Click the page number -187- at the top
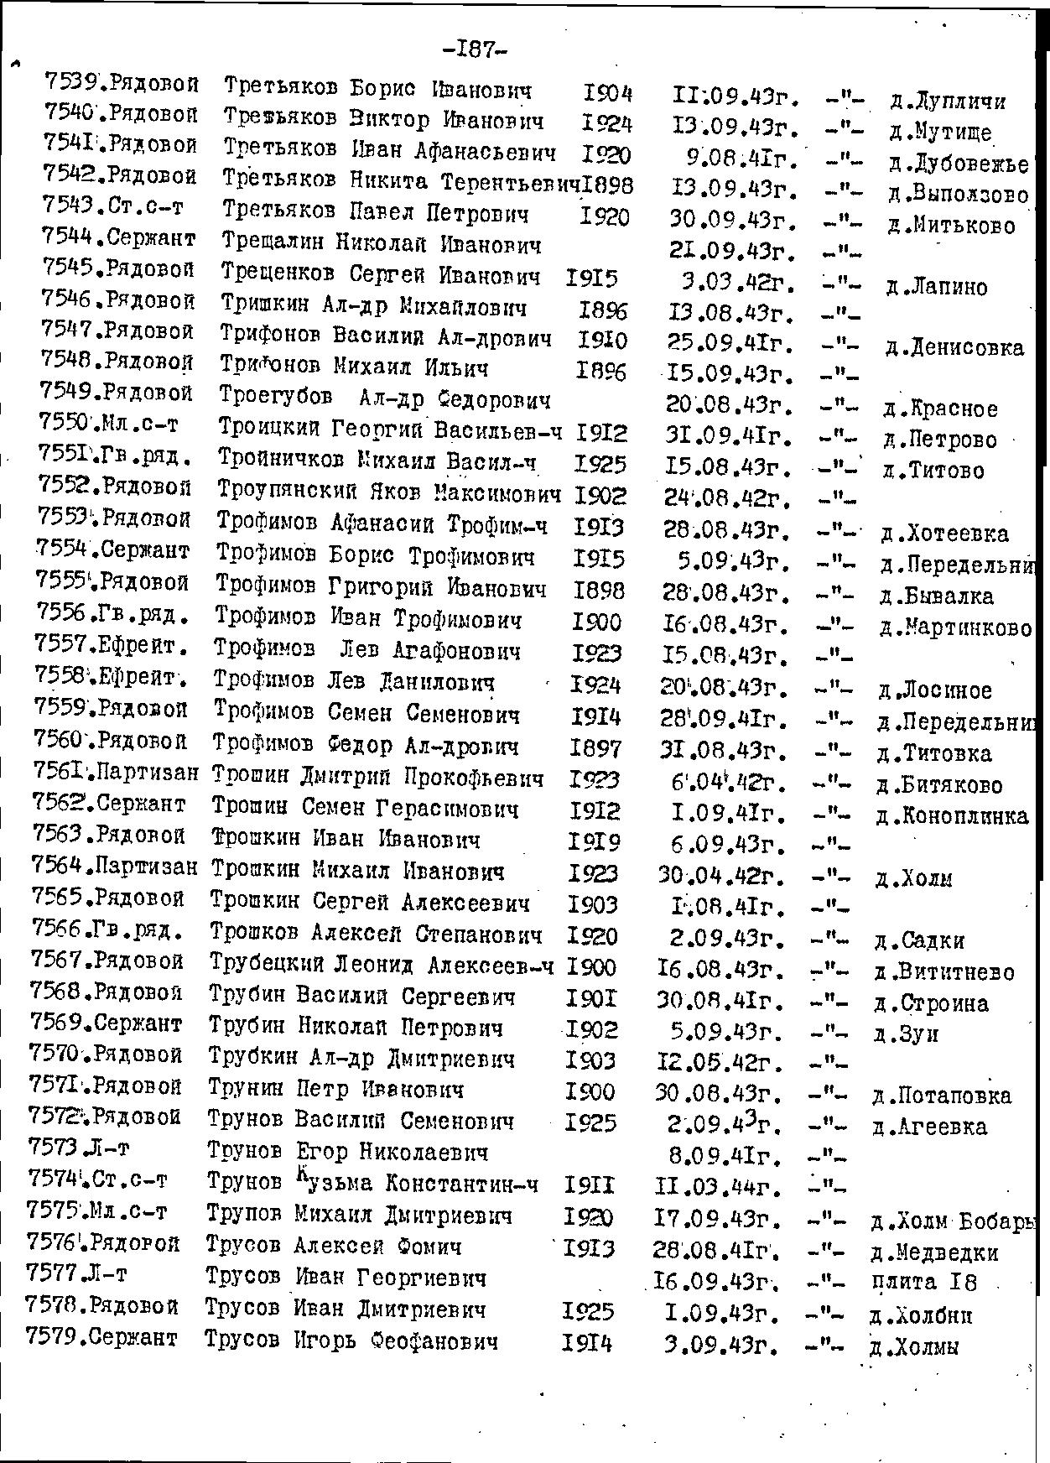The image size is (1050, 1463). click(474, 50)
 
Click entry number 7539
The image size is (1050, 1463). click(73, 82)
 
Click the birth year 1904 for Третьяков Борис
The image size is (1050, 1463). click(607, 93)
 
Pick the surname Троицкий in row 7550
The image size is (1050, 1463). click(269, 429)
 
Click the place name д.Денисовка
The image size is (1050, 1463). click(954, 347)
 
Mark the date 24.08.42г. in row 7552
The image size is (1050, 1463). click(728, 498)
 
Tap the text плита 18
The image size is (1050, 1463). click(923, 1282)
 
